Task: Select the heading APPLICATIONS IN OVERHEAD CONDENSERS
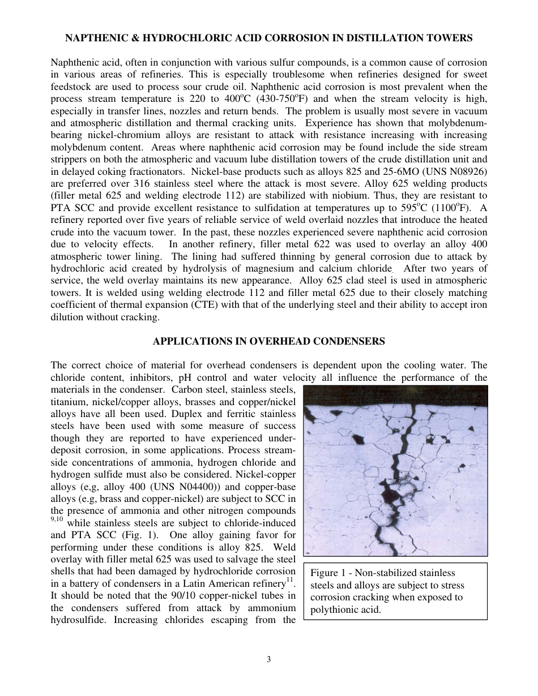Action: pos(269,341)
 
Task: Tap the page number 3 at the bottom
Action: pos(269,659)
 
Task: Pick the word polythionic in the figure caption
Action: pos(332,610)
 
